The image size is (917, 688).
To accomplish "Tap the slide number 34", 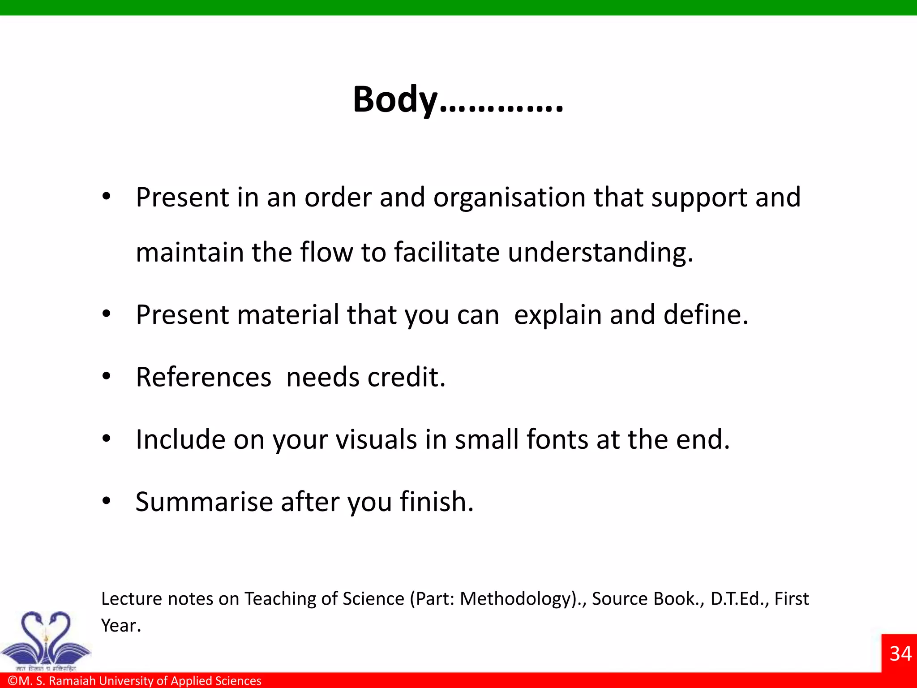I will coord(900,654).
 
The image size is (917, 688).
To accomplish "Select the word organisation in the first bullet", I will coord(509,197).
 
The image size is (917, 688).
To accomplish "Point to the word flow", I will coord(326,252).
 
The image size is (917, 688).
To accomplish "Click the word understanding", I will coord(600,253).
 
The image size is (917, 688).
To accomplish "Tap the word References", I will coord(204,377).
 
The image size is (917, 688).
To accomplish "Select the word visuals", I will coord(376,439).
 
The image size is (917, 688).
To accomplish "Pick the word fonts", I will coord(557,439).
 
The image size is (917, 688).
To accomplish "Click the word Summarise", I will coord(204,502).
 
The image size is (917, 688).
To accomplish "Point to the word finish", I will coord(437,502).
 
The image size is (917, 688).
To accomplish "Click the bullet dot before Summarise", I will coord(106,501).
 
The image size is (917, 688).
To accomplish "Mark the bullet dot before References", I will coord(106,377).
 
